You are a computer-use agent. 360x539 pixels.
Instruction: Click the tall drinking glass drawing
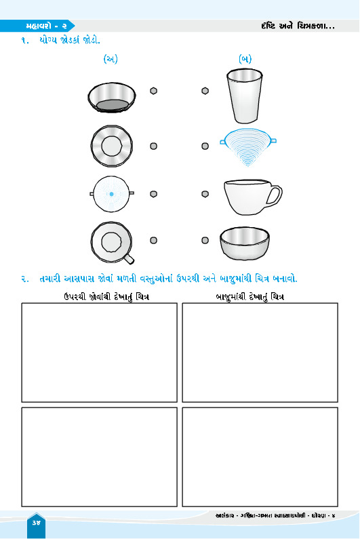tap(244, 96)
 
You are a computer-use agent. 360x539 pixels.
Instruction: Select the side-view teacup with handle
tap(252, 197)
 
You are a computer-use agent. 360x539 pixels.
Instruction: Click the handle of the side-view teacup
tap(274, 196)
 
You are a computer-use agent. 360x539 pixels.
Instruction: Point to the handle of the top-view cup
tap(129, 258)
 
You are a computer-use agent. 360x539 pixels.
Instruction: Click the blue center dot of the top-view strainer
tap(111, 194)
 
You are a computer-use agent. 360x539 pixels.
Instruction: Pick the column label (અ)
tap(111, 59)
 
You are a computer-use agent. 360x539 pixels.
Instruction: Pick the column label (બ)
tap(245, 59)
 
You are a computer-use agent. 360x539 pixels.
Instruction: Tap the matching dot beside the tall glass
tap(205, 91)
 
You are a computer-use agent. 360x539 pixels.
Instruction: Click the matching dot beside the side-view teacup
tap(205, 194)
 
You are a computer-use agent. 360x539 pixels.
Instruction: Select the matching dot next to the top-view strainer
tap(153, 194)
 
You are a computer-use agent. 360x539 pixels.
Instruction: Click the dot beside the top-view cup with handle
tap(153, 240)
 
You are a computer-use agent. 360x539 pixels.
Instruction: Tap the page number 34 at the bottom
tap(36, 523)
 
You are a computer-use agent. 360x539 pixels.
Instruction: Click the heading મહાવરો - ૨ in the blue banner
tap(46, 26)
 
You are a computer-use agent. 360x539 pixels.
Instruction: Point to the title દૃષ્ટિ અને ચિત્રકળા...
tap(297, 26)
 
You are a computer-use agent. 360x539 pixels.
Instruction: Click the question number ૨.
tap(25, 279)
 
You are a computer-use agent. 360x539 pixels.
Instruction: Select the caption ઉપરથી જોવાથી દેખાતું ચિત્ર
tap(106, 297)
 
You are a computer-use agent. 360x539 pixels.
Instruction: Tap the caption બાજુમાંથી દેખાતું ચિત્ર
tap(250, 297)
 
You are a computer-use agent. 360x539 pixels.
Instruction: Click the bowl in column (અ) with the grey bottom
tap(112, 97)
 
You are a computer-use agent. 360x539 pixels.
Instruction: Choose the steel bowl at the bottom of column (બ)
tap(245, 243)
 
